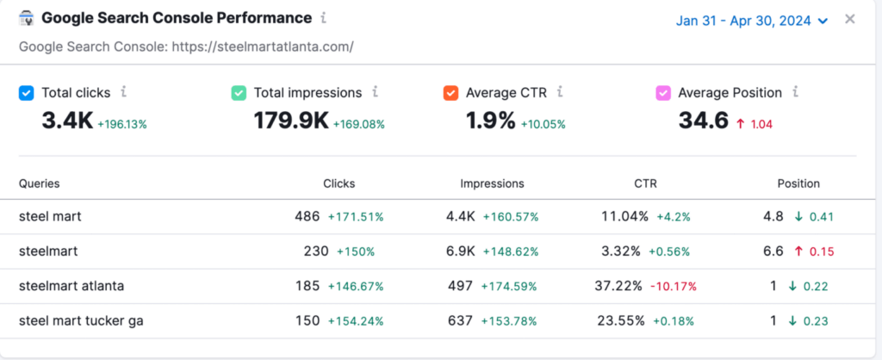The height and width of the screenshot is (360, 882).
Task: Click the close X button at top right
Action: click(850, 19)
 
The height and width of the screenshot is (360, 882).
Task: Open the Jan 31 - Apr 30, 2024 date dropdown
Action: click(751, 20)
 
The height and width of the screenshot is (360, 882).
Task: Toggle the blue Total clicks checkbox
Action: click(26, 93)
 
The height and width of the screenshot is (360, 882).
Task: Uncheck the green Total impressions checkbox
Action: click(239, 93)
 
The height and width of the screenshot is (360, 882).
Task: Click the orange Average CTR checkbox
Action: click(450, 93)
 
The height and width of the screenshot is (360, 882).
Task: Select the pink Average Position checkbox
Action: click(663, 93)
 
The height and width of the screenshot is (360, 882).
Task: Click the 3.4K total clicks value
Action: click(66, 121)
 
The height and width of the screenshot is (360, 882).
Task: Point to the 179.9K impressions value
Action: click(290, 121)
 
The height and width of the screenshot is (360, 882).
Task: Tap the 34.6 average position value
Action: click(703, 121)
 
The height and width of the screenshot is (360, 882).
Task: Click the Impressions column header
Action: click(492, 183)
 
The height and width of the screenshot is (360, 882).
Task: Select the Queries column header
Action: click(39, 183)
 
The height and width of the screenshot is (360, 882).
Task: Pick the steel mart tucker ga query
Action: click(81, 320)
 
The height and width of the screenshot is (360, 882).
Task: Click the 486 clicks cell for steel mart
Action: click(307, 216)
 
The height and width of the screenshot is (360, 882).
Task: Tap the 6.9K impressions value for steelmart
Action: click(461, 251)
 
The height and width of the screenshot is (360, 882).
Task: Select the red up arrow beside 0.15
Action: click(799, 251)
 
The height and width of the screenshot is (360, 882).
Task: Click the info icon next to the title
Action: click(323, 17)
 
